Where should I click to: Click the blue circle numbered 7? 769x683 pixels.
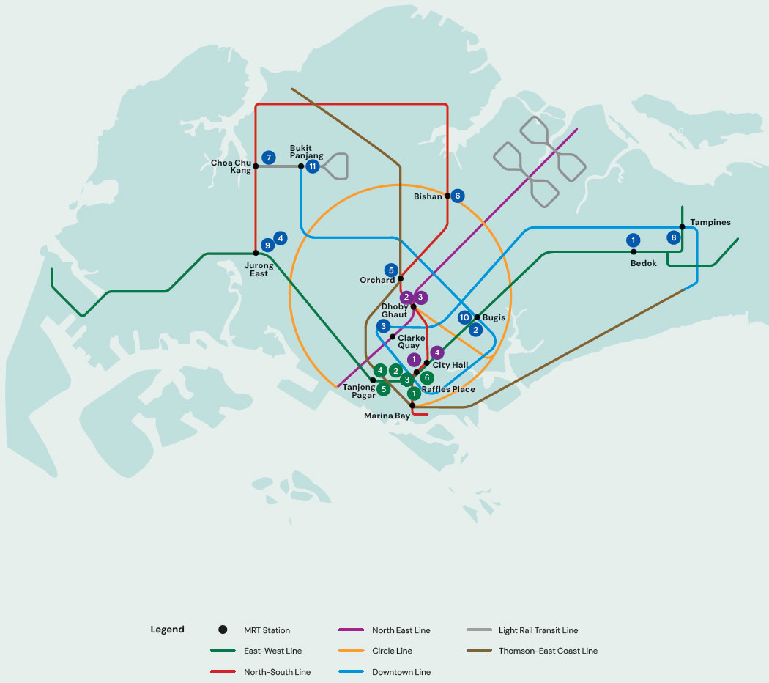pyautogui.click(x=268, y=158)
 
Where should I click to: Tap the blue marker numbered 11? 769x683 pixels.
pyautogui.click(x=313, y=166)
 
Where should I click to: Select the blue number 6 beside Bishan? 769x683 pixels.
pyautogui.click(x=458, y=196)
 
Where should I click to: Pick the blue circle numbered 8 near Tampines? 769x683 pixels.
pyautogui.click(x=673, y=237)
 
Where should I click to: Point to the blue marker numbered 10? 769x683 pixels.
pyautogui.click(x=464, y=317)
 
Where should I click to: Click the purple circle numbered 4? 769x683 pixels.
pyautogui.click(x=437, y=352)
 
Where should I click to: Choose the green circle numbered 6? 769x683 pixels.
pyautogui.click(x=427, y=377)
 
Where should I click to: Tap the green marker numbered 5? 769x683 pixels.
pyautogui.click(x=384, y=389)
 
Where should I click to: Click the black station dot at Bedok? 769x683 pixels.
pyautogui.click(x=634, y=251)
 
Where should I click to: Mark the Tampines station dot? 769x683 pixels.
pyautogui.click(x=682, y=226)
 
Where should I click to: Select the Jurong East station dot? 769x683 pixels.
pyautogui.click(x=256, y=253)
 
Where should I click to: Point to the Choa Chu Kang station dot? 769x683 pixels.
pyautogui.click(x=256, y=166)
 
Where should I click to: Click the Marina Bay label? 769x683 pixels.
pyautogui.click(x=387, y=416)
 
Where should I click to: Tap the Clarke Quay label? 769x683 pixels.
pyautogui.click(x=411, y=341)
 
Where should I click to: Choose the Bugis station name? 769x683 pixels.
pyautogui.click(x=494, y=317)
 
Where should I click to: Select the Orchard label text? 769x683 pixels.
pyautogui.click(x=377, y=280)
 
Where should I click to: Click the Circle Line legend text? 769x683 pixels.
pyautogui.click(x=393, y=651)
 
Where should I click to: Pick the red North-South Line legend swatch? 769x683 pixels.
pyautogui.click(x=223, y=671)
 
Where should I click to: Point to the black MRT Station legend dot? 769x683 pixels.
pyautogui.click(x=223, y=630)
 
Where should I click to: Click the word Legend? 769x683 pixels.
pyautogui.click(x=167, y=630)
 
